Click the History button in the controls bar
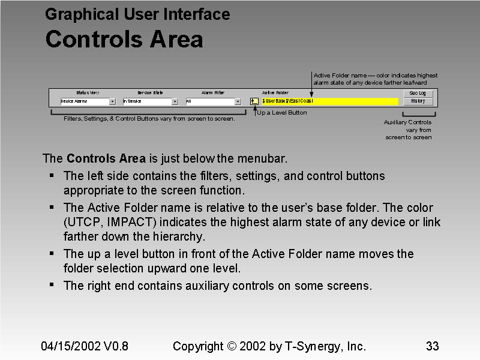click(x=418, y=101)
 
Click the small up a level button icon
click(x=254, y=101)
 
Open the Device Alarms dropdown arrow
click(x=112, y=102)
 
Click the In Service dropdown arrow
click(x=175, y=102)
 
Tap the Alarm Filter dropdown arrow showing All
click(x=238, y=102)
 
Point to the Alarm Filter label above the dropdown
click(x=212, y=93)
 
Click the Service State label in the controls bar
click(x=150, y=93)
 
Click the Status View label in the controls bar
click(x=88, y=93)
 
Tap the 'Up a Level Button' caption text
click(x=282, y=113)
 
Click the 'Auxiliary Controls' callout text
click(x=407, y=122)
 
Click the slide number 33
click(x=432, y=346)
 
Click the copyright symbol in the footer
click(x=233, y=346)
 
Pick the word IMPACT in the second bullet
click(x=127, y=222)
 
